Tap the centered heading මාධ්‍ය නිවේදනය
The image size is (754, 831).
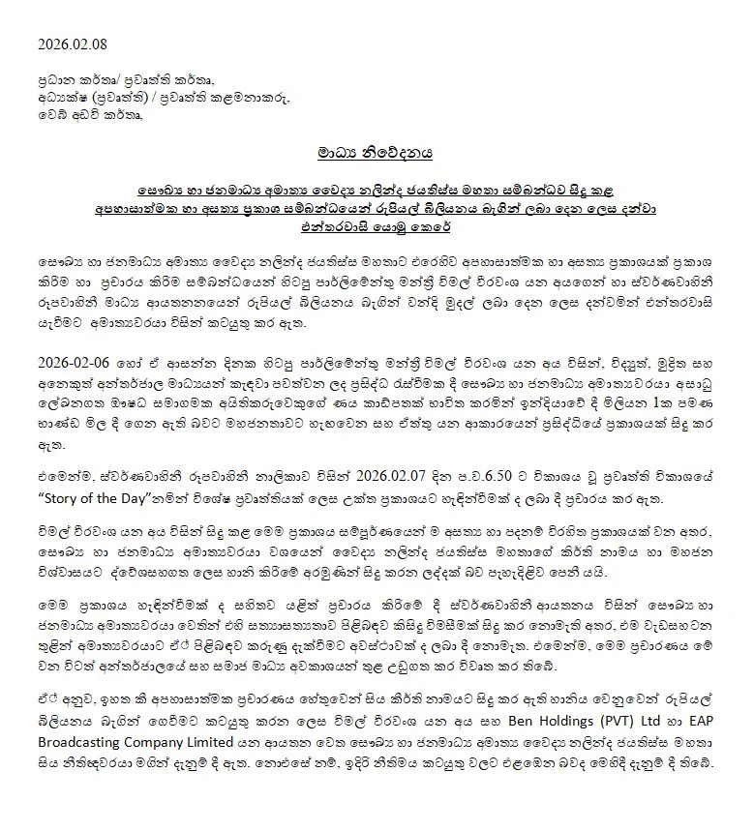(376, 152)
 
